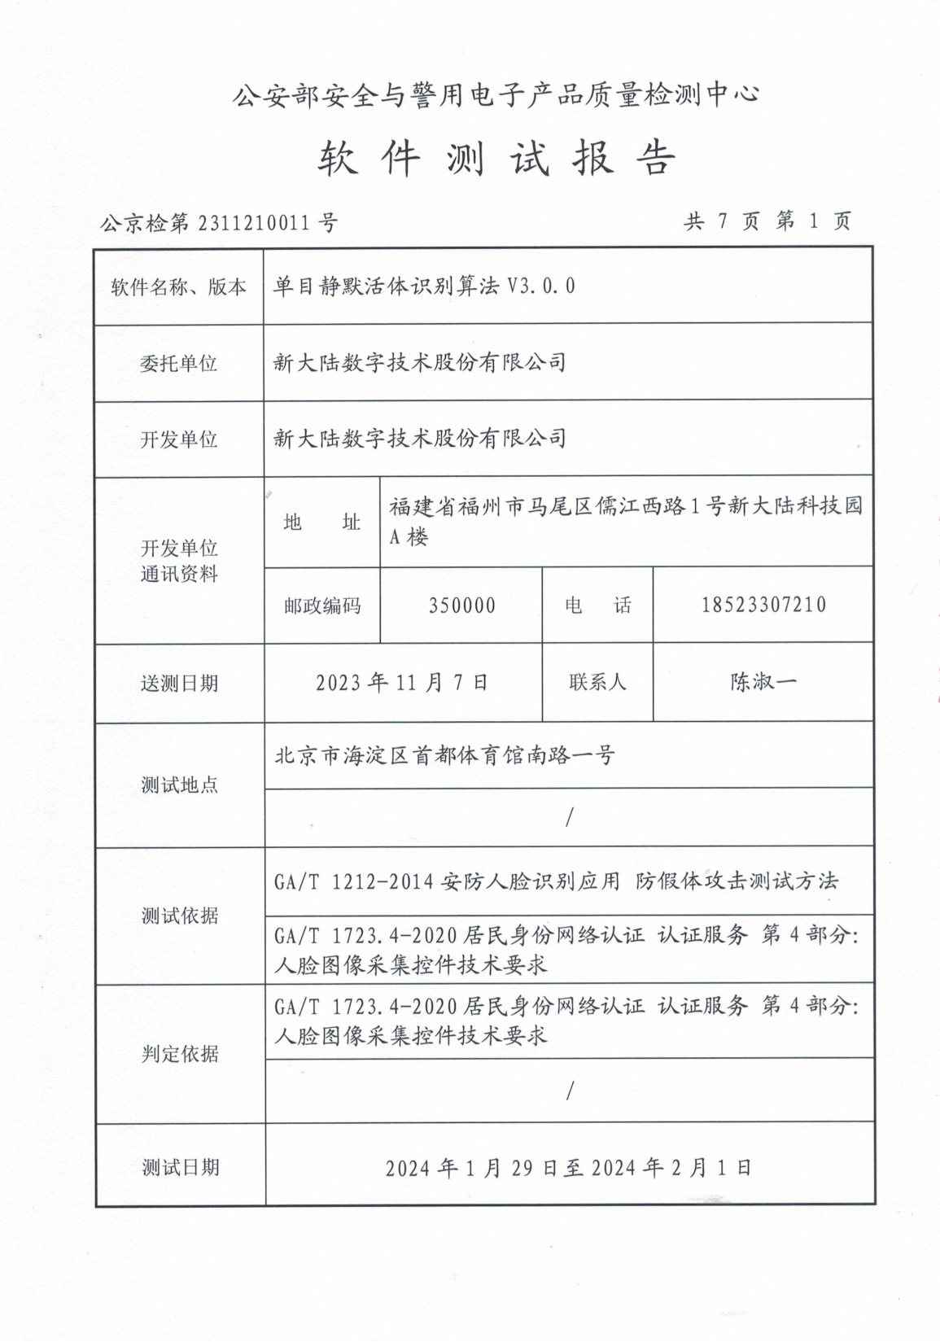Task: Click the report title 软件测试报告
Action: pos(496,158)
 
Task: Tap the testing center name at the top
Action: pos(496,96)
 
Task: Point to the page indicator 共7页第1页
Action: pos(768,221)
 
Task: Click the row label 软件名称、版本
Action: pos(179,286)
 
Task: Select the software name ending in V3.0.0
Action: pos(424,286)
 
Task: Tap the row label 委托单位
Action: pos(179,363)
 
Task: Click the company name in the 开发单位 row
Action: pos(420,439)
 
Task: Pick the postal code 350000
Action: pos(461,605)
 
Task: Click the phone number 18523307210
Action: pos(763,605)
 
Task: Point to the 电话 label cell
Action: pos(598,605)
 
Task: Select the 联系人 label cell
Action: pos(598,682)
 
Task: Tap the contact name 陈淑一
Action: pos(763,682)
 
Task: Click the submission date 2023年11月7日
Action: pos(402,682)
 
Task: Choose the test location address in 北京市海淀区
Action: pos(444,755)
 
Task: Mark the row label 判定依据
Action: pos(180,1054)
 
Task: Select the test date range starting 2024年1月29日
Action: pos(568,1168)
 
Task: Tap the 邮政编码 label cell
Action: pos(322,606)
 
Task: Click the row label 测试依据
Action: pos(180,916)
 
